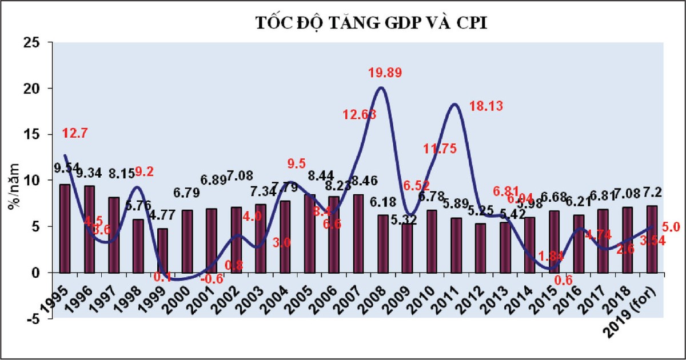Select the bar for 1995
(65, 228)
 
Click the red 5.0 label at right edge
(672, 227)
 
